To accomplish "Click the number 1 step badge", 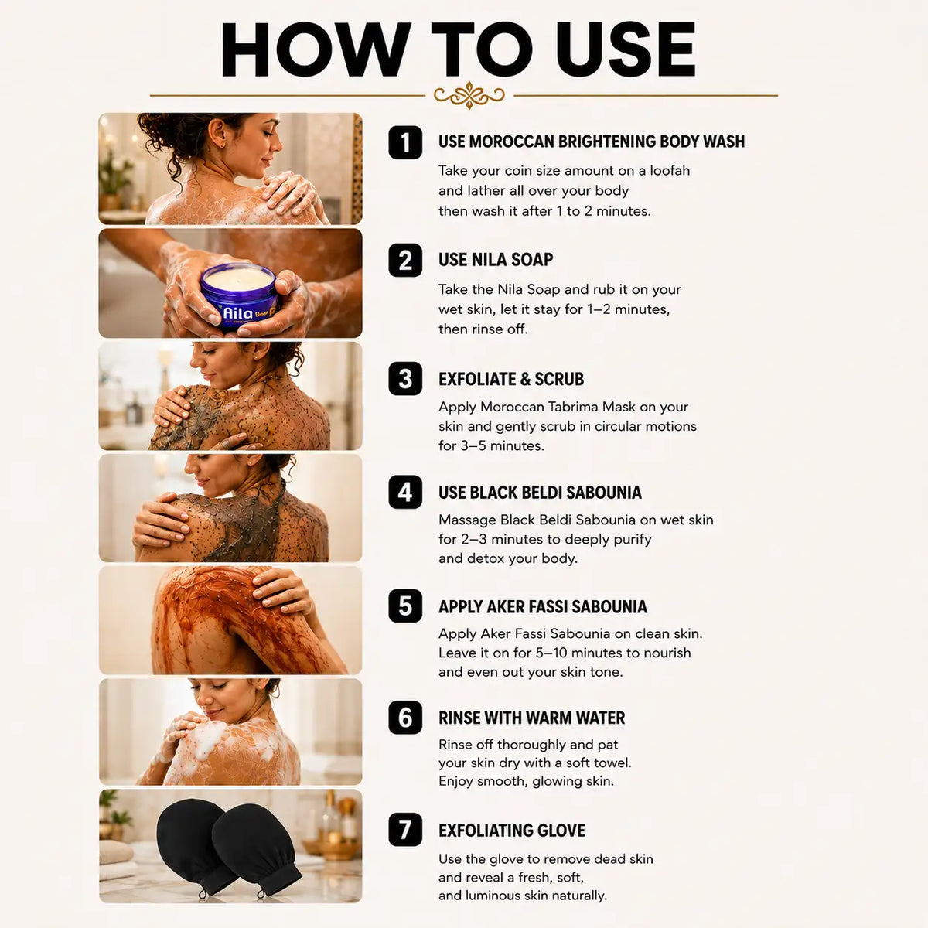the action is [x=405, y=142].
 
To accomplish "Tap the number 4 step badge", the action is [x=405, y=492].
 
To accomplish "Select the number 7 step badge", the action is [x=405, y=830].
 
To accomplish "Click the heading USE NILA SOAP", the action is [x=496, y=260].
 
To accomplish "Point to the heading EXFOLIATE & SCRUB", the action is [x=511, y=379].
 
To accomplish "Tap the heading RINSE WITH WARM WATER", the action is [x=531, y=718].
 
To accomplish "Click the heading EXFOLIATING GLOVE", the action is [x=512, y=831].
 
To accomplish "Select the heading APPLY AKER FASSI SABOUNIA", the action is [x=543, y=607].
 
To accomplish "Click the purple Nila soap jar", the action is [x=239, y=295].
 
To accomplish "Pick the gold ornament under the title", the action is [x=469, y=95].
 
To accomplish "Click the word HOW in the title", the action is [x=316, y=49].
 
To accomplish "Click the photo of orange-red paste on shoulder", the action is [x=230, y=620].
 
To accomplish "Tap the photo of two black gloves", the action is [x=230, y=846].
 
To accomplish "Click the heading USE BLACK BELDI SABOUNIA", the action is [x=540, y=493].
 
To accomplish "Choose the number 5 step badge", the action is [x=405, y=606].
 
